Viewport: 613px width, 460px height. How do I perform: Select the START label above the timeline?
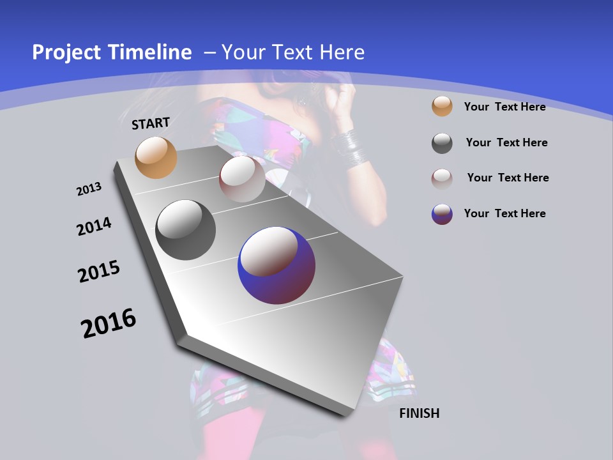[151, 123]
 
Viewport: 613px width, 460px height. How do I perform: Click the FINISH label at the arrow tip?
[420, 413]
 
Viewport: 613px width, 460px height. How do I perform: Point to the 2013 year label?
[89, 189]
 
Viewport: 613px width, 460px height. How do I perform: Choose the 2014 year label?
[94, 226]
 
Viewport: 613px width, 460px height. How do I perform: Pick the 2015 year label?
[99, 272]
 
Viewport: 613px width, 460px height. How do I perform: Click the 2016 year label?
[109, 323]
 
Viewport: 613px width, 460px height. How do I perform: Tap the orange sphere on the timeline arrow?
[156, 157]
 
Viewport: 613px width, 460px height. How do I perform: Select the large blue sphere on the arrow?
[276, 266]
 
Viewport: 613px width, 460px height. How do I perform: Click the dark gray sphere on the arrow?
[185, 230]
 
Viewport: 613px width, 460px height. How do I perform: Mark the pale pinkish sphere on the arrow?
[242, 179]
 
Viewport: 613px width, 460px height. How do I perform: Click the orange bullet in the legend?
[442, 106]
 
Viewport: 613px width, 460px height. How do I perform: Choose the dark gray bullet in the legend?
[442, 143]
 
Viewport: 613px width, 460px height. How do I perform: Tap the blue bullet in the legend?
[442, 214]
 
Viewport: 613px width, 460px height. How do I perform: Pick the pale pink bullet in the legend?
[442, 178]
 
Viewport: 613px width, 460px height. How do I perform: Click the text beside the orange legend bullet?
[504, 107]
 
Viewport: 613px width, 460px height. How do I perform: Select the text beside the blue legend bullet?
[504, 213]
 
